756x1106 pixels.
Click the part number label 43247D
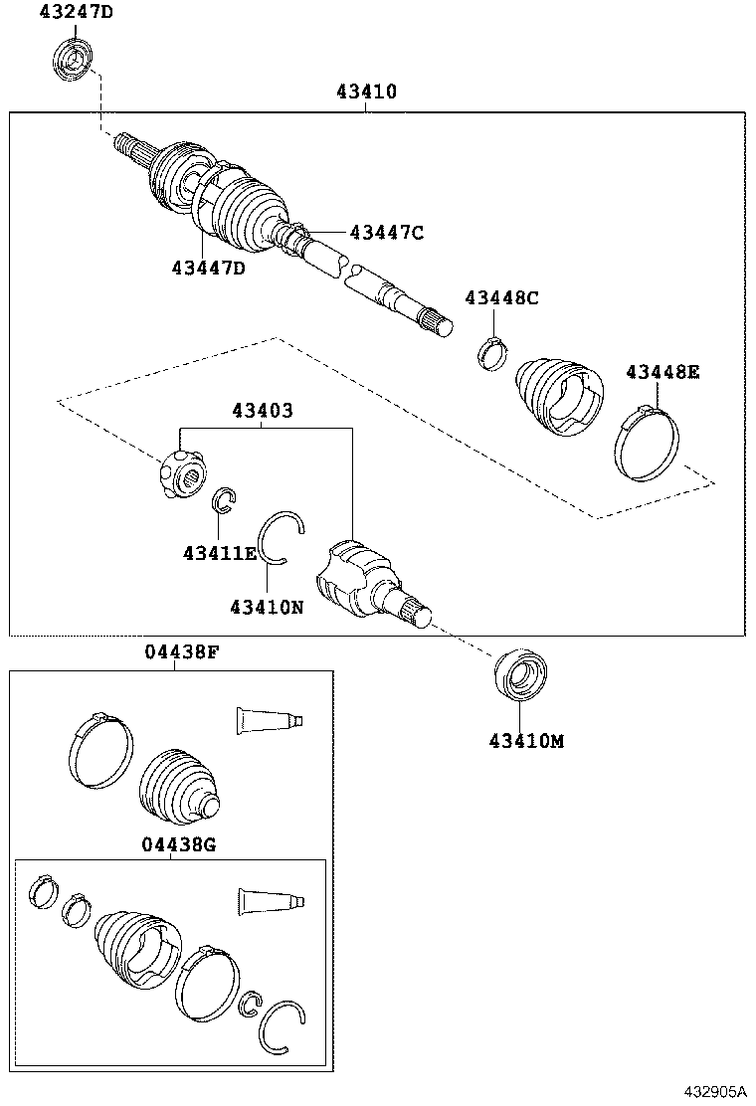click(x=77, y=12)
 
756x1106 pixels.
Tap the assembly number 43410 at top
click(x=366, y=92)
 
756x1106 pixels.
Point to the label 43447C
click(x=386, y=233)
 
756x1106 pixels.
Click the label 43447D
click(x=208, y=269)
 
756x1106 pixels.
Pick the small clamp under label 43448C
click(x=490, y=350)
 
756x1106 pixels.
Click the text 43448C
click(x=501, y=297)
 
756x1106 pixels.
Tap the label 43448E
click(x=662, y=372)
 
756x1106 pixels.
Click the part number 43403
click(x=263, y=410)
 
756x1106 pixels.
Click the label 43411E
click(x=219, y=552)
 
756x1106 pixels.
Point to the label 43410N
click(x=266, y=606)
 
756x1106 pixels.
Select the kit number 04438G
click(x=178, y=844)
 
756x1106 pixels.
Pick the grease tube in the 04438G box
click(x=270, y=902)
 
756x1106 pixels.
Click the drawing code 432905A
click(x=713, y=1091)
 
